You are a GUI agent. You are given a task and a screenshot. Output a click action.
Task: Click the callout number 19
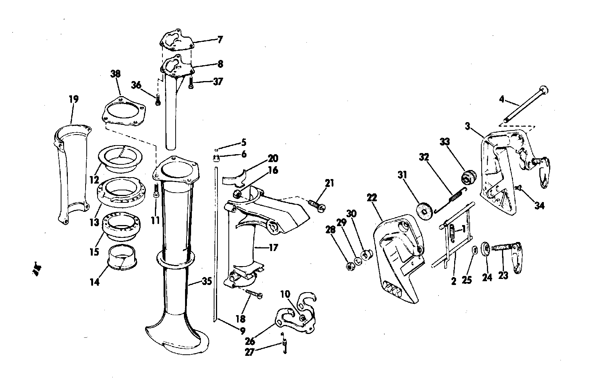pyautogui.click(x=74, y=99)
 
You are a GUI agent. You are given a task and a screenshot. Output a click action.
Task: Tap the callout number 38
pyautogui.click(x=115, y=74)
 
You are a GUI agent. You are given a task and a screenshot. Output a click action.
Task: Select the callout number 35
pyautogui.click(x=207, y=281)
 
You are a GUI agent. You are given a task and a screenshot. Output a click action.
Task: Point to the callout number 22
pyautogui.click(x=372, y=198)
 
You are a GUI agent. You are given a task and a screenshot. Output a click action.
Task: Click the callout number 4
pyautogui.click(x=502, y=100)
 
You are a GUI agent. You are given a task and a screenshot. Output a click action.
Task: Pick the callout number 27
pyautogui.click(x=250, y=352)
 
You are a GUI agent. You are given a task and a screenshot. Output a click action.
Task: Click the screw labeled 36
pyautogui.click(x=158, y=100)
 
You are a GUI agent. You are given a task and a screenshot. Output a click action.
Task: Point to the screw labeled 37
pyautogui.click(x=191, y=83)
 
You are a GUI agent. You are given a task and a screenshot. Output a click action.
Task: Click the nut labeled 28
pyautogui.click(x=349, y=266)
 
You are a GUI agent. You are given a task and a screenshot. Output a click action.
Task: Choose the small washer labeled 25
pyautogui.click(x=475, y=251)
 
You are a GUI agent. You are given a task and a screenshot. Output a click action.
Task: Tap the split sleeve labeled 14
pyautogui.click(x=122, y=257)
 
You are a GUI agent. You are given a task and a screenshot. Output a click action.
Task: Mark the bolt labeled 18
pyautogui.click(x=254, y=294)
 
